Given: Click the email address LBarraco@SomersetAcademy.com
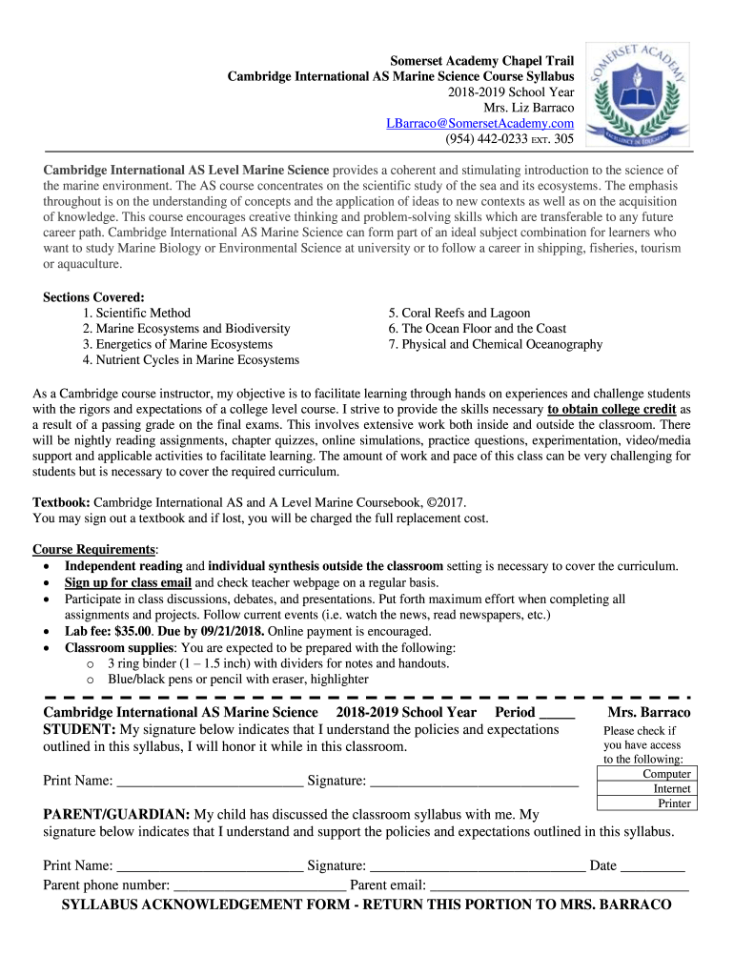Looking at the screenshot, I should coord(479,124).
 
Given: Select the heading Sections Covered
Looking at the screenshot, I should coord(93,297).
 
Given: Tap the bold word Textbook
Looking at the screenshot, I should coord(62,502).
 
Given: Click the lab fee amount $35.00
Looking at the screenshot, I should coord(129,631).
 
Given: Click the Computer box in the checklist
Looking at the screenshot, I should coord(646,774).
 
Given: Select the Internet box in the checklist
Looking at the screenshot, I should coord(646,789).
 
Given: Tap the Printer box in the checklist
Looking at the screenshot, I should coord(646,803).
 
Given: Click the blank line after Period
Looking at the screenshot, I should coord(557,714).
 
